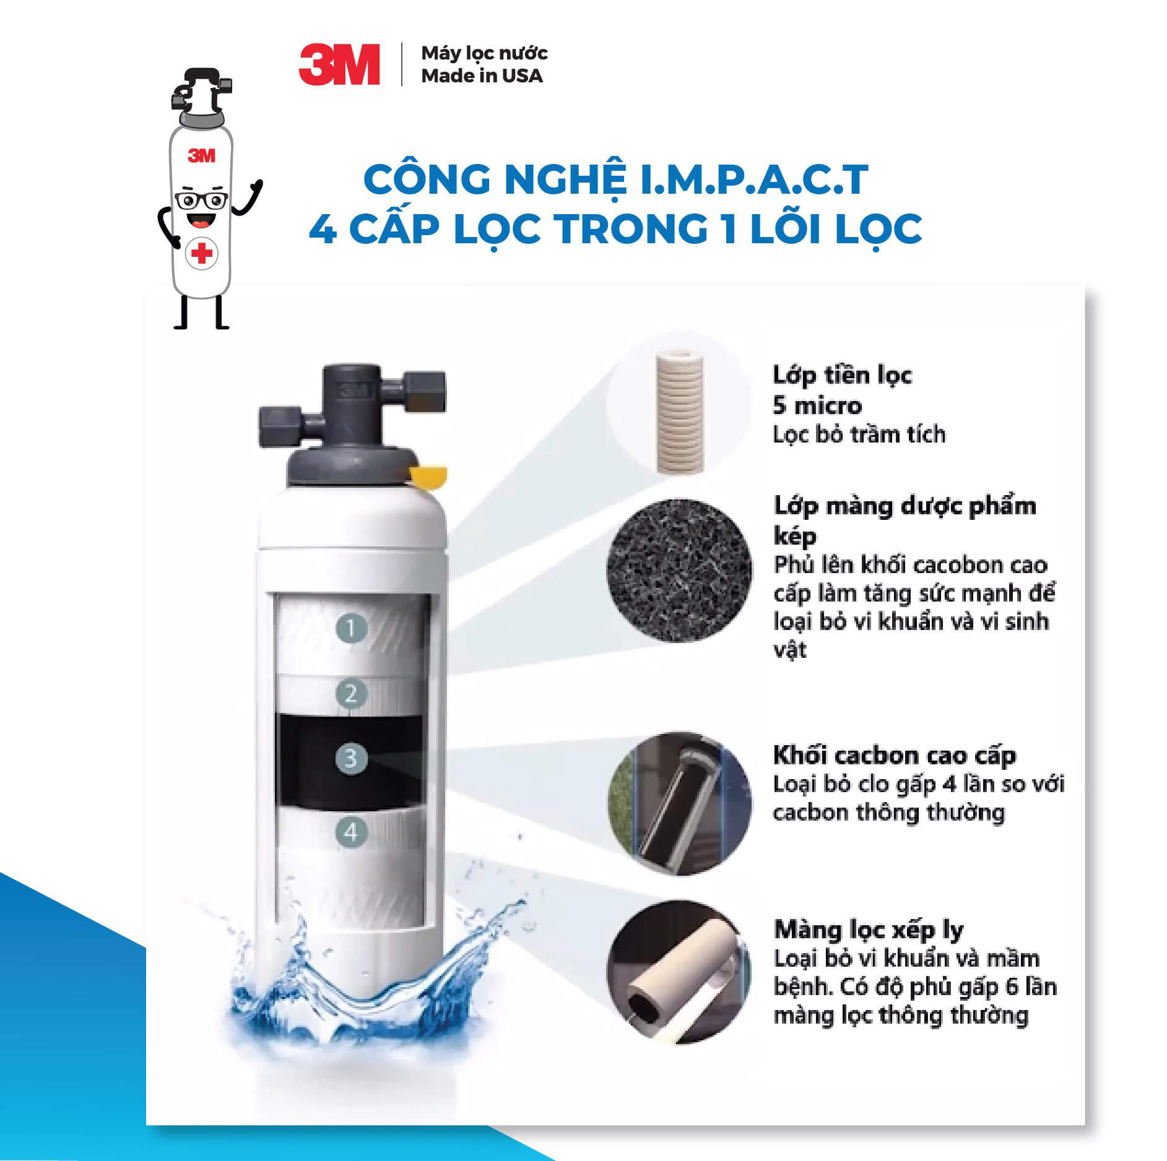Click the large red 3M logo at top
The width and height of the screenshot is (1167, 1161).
click(339, 64)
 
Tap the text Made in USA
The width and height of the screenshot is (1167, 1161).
click(482, 76)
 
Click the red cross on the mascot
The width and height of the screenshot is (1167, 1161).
click(201, 253)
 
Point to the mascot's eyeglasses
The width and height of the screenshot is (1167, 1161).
click(202, 201)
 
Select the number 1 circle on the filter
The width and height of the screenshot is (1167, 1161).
click(351, 629)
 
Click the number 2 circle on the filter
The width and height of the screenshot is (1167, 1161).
click(351, 694)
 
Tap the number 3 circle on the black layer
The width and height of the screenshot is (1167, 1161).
click(351, 758)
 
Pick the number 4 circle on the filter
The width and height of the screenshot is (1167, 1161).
click(351, 832)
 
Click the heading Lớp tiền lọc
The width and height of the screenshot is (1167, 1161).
click(842, 376)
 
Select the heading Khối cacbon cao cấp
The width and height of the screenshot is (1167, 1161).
click(895, 756)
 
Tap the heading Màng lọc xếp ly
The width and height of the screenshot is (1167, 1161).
click(869, 930)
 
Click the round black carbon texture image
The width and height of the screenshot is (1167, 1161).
click(679, 569)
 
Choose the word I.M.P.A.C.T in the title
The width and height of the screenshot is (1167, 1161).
click(753, 180)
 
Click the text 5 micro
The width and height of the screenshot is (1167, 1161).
click(817, 406)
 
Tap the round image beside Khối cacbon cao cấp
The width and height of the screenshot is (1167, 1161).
click(679, 803)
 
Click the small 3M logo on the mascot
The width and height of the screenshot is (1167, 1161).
click(202, 155)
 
